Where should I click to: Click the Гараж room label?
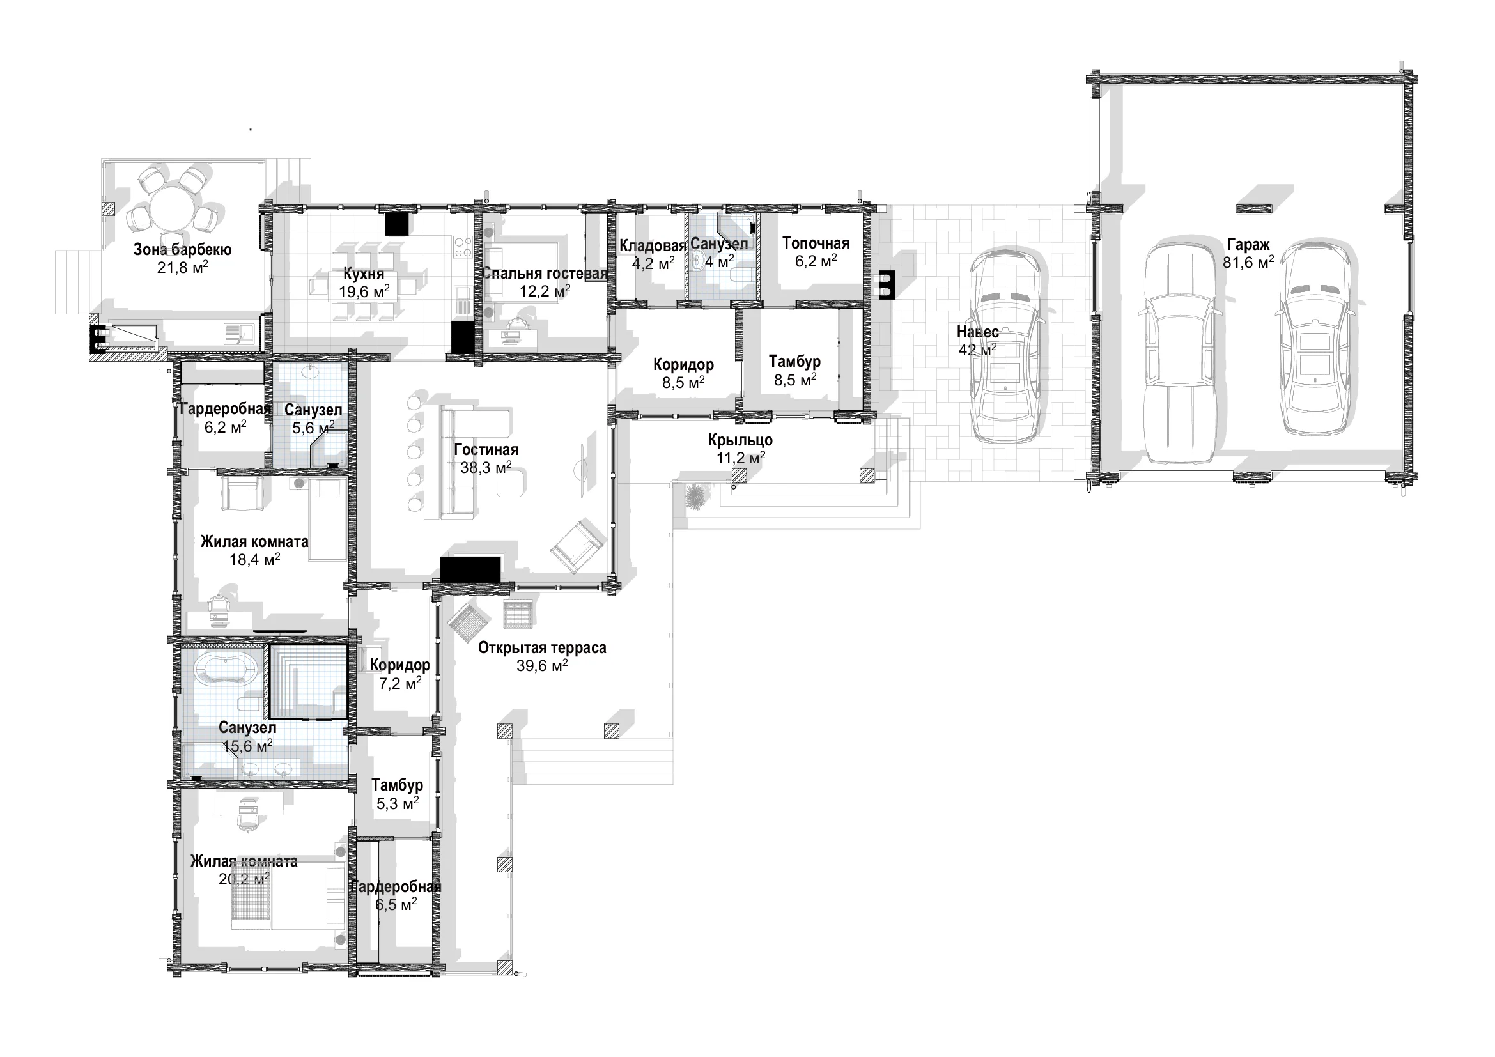coord(1248,245)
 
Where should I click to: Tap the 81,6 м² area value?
coord(1248,262)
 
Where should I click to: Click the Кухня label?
coord(364,274)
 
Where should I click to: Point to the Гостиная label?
coord(486,450)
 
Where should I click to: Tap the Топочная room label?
coord(816,243)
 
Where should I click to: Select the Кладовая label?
coord(653,246)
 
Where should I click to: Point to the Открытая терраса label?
coord(542,647)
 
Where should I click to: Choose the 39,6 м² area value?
coord(542,665)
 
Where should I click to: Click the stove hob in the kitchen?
coord(463,247)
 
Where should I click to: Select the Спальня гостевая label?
coord(545,274)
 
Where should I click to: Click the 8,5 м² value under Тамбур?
coord(795,379)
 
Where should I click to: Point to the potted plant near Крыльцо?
coord(695,496)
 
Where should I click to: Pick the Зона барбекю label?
coord(182,249)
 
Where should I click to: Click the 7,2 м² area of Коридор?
coord(399,683)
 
